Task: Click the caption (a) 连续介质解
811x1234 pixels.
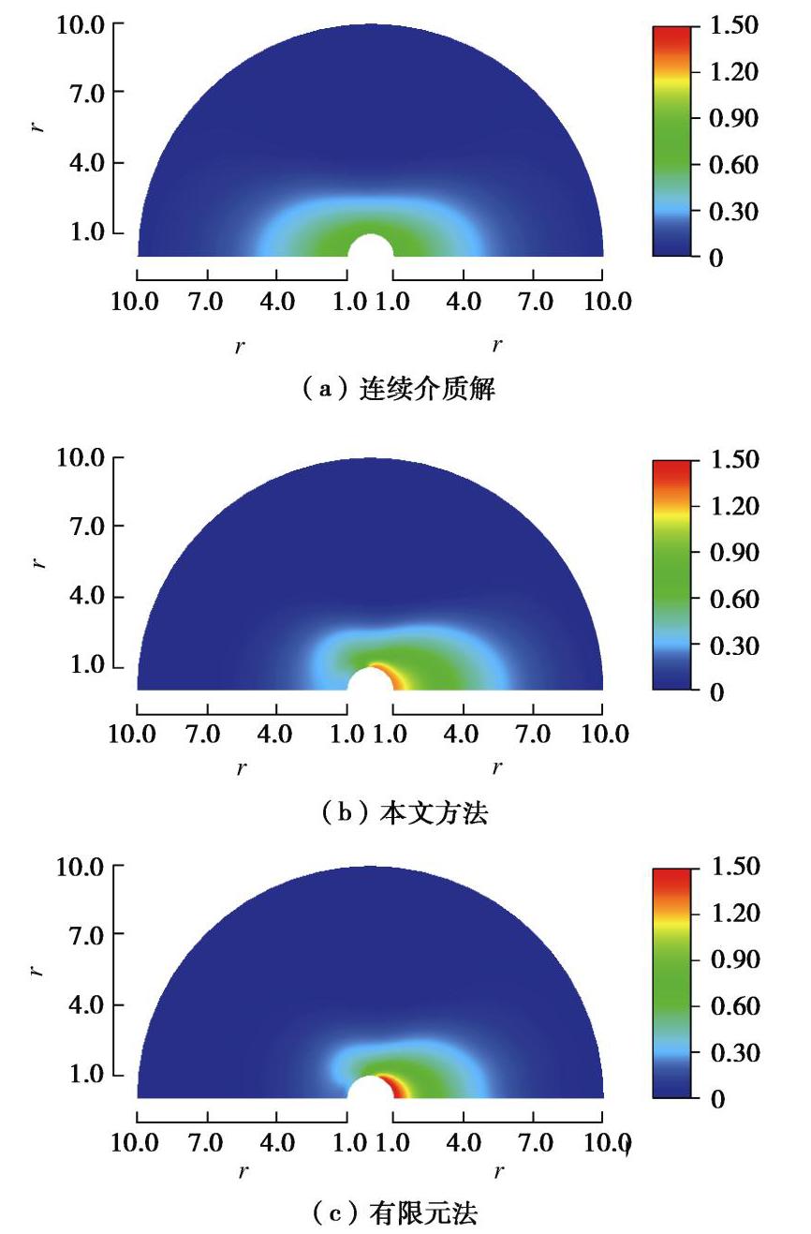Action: pos(405,389)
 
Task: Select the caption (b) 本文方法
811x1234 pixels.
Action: pos(405,812)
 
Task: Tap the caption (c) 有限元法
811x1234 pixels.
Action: pos(405,1214)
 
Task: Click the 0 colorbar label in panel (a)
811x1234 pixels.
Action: pos(716,258)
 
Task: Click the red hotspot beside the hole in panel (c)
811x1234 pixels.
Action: pos(399,1087)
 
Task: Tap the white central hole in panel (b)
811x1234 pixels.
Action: pos(369,681)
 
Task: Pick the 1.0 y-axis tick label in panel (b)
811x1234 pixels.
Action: pos(87,667)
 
